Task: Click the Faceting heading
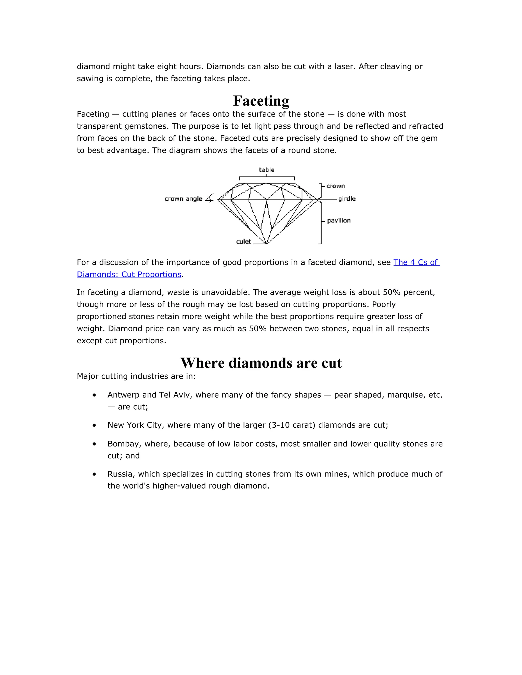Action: click(x=261, y=101)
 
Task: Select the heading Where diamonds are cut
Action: click(x=261, y=363)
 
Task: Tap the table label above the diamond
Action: click(x=267, y=170)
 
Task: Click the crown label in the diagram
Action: click(x=335, y=186)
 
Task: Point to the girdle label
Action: click(x=347, y=199)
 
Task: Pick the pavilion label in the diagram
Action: click(x=339, y=220)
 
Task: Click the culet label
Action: click(x=244, y=242)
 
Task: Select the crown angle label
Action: click(x=183, y=199)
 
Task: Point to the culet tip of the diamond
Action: click(x=266, y=244)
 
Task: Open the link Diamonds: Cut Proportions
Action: click(x=129, y=274)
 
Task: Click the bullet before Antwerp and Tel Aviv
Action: click(x=94, y=395)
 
